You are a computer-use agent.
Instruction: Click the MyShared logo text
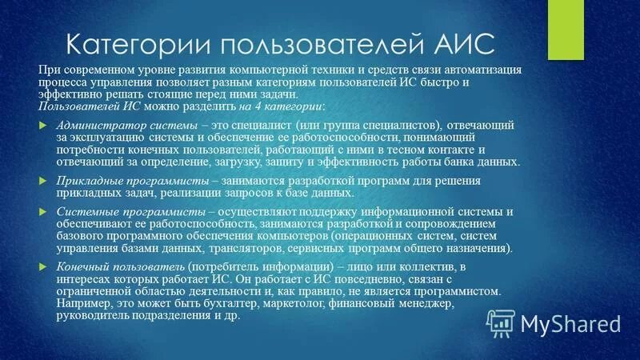(x=569, y=323)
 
